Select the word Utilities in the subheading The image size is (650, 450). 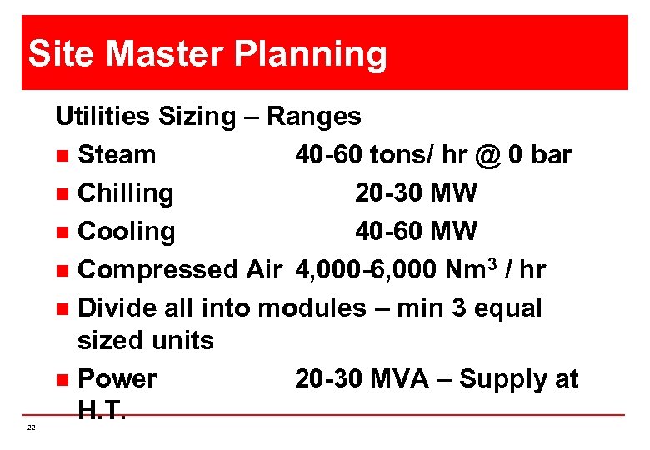(x=98, y=117)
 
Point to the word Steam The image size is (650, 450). (x=116, y=155)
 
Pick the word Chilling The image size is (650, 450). (x=125, y=193)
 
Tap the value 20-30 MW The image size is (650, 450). (x=416, y=193)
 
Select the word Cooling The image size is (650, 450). (x=126, y=232)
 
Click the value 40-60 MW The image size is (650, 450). (x=416, y=232)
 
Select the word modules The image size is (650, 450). (x=312, y=308)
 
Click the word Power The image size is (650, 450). (x=117, y=379)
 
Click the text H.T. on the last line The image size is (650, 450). (x=101, y=410)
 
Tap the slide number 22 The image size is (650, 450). (x=31, y=427)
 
